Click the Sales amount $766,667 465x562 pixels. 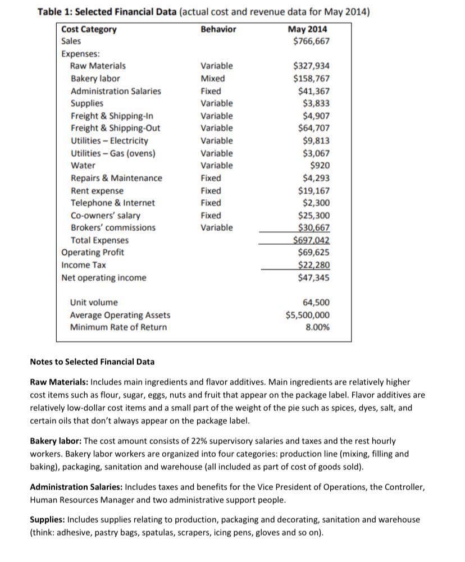[311, 41]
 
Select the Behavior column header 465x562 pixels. [218, 29]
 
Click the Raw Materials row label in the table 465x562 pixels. [98, 66]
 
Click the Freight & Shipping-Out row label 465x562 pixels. [115, 128]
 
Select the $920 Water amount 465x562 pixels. [320, 166]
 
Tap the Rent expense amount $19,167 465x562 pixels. [313, 190]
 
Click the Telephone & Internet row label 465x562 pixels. [112, 203]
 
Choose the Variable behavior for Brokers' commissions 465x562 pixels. [216, 227]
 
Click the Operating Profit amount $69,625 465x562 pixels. [313, 253]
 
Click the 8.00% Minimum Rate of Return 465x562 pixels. [318, 327]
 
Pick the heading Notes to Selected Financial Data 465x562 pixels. [92, 362]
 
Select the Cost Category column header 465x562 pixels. [89, 29]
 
